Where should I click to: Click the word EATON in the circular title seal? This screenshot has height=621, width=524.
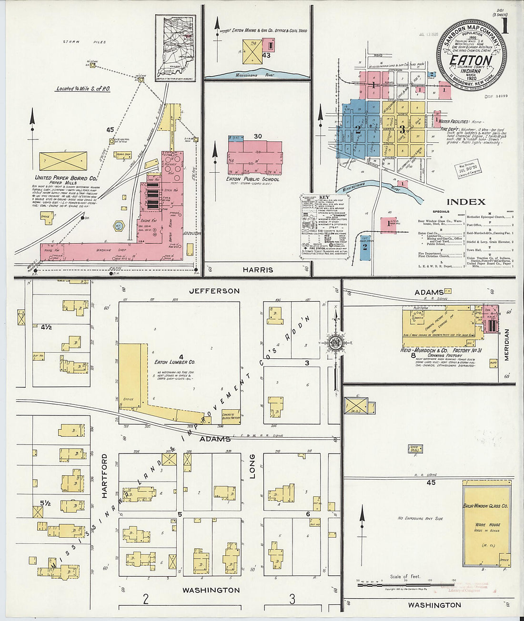[x=471, y=60]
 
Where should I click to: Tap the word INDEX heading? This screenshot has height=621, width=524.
[x=465, y=202]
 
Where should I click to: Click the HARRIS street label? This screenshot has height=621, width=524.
[x=258, y=270]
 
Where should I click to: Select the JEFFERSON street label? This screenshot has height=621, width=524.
[x=214, y=291]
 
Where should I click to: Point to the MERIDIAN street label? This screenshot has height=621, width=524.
[x=506, y=344]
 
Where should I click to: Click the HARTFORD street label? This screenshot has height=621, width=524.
[x=104, y=475]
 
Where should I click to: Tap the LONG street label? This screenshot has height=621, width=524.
[x=252, y=466]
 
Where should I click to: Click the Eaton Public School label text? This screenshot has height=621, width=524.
[x=253, y=179]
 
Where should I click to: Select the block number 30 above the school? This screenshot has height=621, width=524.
[x=258, y=137]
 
